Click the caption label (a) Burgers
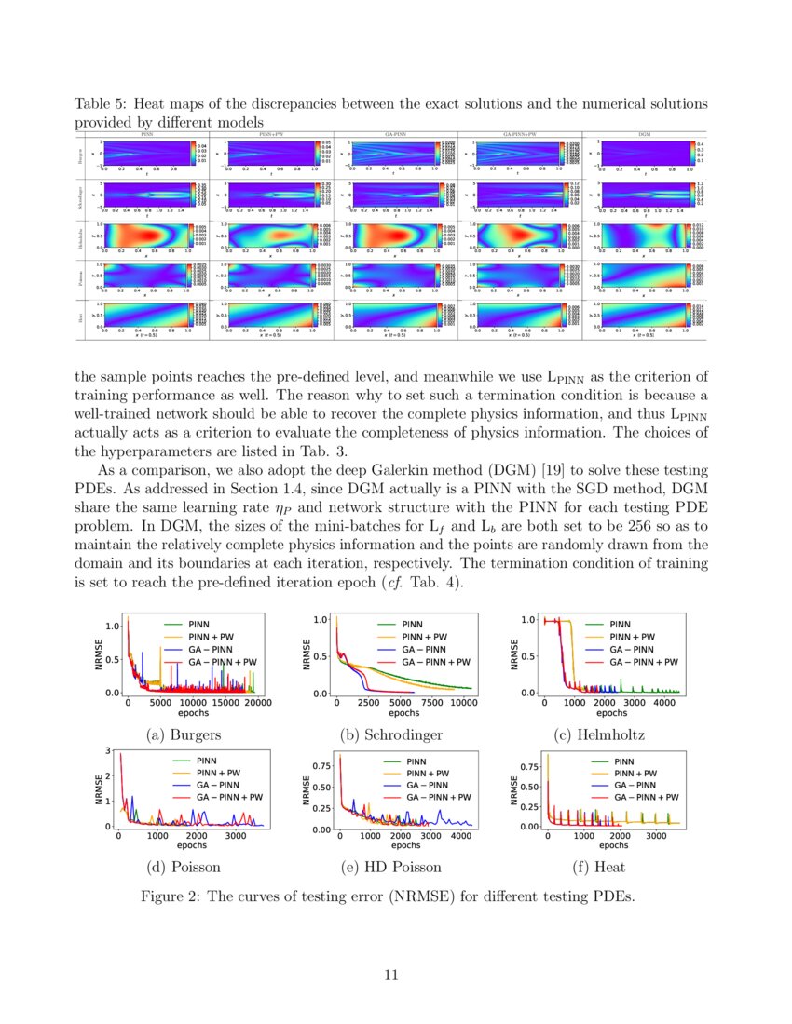pos(184,734)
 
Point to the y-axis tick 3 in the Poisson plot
pos(109,750)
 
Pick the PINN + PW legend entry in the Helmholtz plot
pos(632,637)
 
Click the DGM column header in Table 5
pos(644,135)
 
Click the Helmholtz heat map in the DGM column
pos(644,236)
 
